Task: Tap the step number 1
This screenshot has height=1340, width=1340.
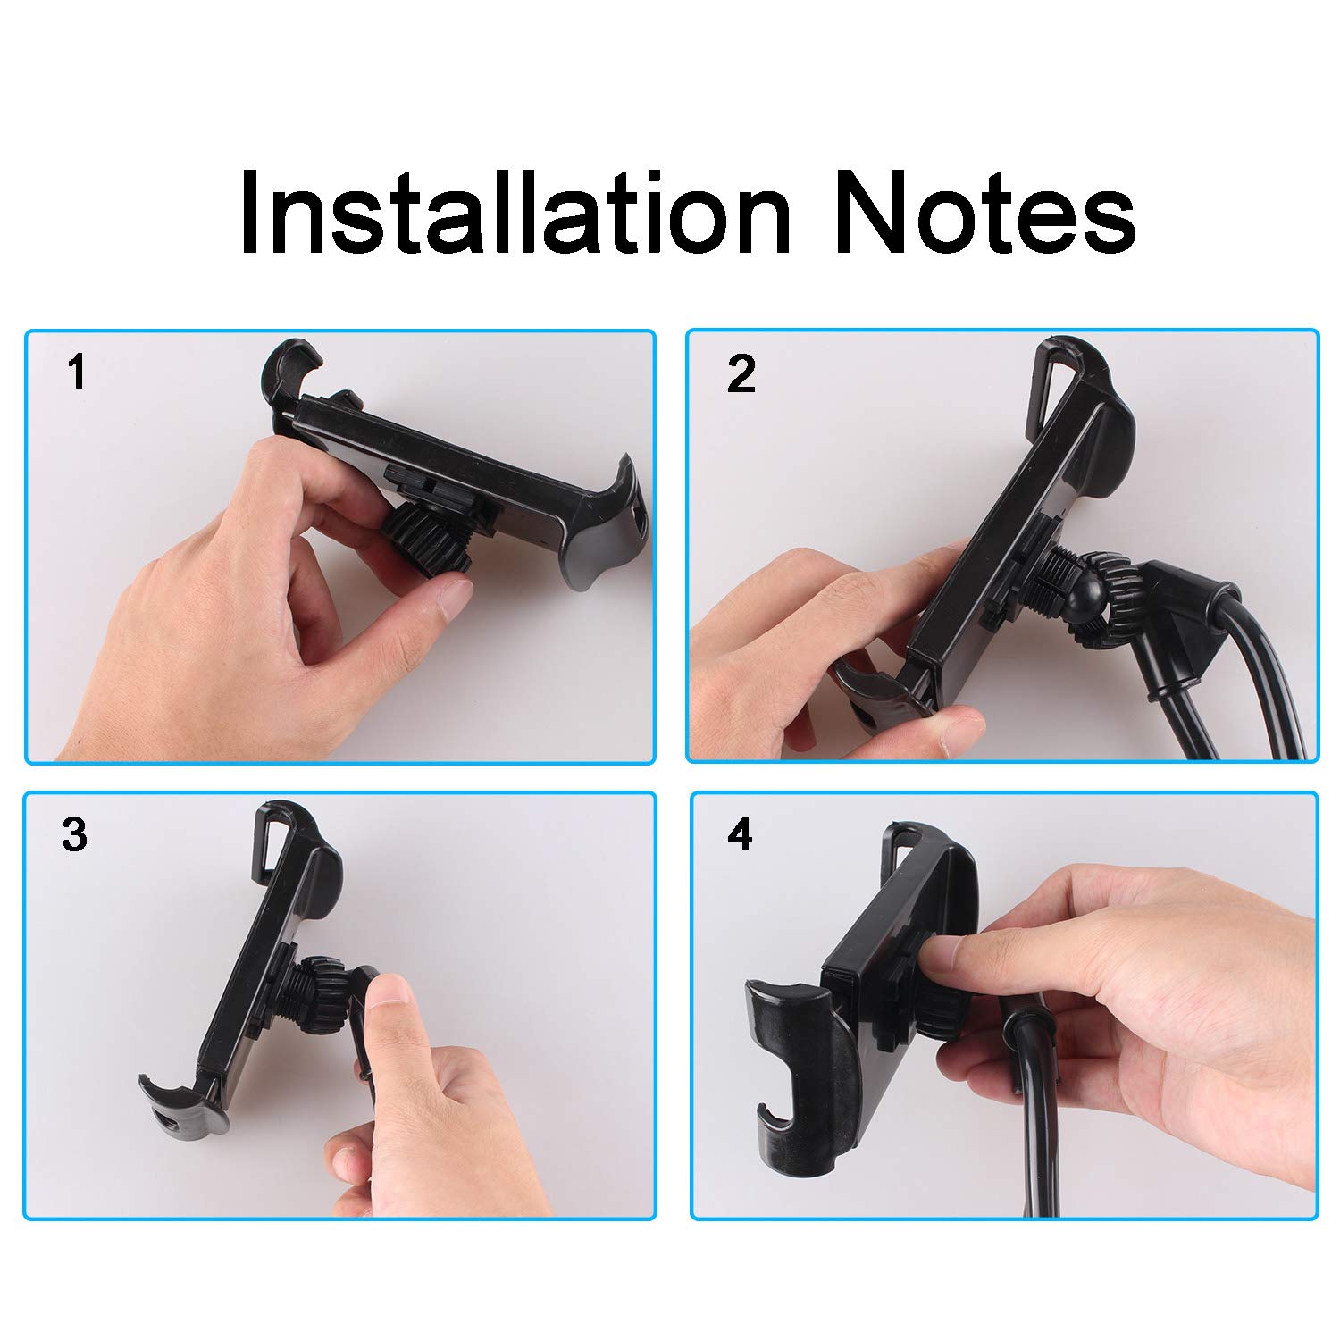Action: click(x=78, y=372)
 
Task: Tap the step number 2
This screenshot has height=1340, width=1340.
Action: click(x=741, y=374)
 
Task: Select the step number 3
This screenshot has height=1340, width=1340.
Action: click(x=74, y=834)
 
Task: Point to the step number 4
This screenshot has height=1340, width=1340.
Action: click(x=740, y=835)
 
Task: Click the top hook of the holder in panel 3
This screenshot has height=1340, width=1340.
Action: click(x=281, y=835)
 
